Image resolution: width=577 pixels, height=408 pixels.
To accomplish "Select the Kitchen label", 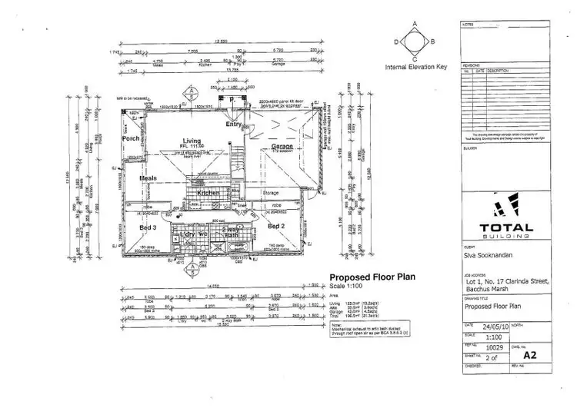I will (208, 192).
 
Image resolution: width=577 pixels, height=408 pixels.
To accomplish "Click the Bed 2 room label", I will (277, 227).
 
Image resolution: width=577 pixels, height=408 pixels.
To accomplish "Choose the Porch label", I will (131, 138).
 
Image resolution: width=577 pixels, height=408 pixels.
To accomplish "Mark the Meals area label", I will (148, 178).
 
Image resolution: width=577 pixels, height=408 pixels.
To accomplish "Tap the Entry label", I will (233, 124).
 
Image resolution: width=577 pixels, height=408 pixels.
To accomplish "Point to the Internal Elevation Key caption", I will (415, 68).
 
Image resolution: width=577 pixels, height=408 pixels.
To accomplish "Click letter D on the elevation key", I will (396, 41).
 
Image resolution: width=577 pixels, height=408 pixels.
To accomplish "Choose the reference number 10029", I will (498, 347).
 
